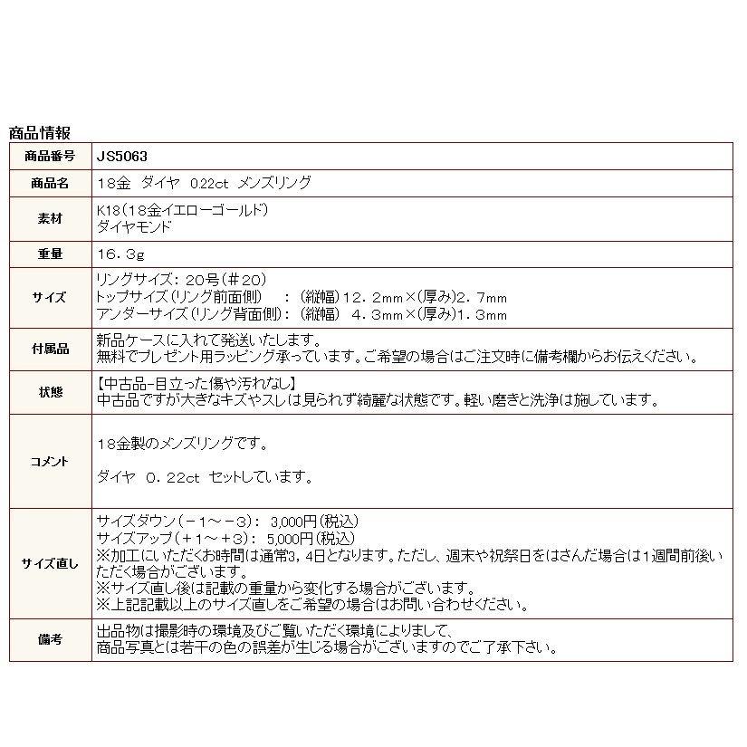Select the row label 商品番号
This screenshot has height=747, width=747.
click(51, 156)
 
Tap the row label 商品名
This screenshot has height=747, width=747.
click(51, 183)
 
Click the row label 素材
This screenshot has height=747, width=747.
click(51, 218)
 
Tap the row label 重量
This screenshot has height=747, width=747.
click(51, 254)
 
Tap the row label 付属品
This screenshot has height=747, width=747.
click(51, 349)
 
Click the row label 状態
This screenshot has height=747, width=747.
click(51, 392)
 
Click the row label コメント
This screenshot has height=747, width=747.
click(51, 462)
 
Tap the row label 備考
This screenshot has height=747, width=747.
click(51, 639)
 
